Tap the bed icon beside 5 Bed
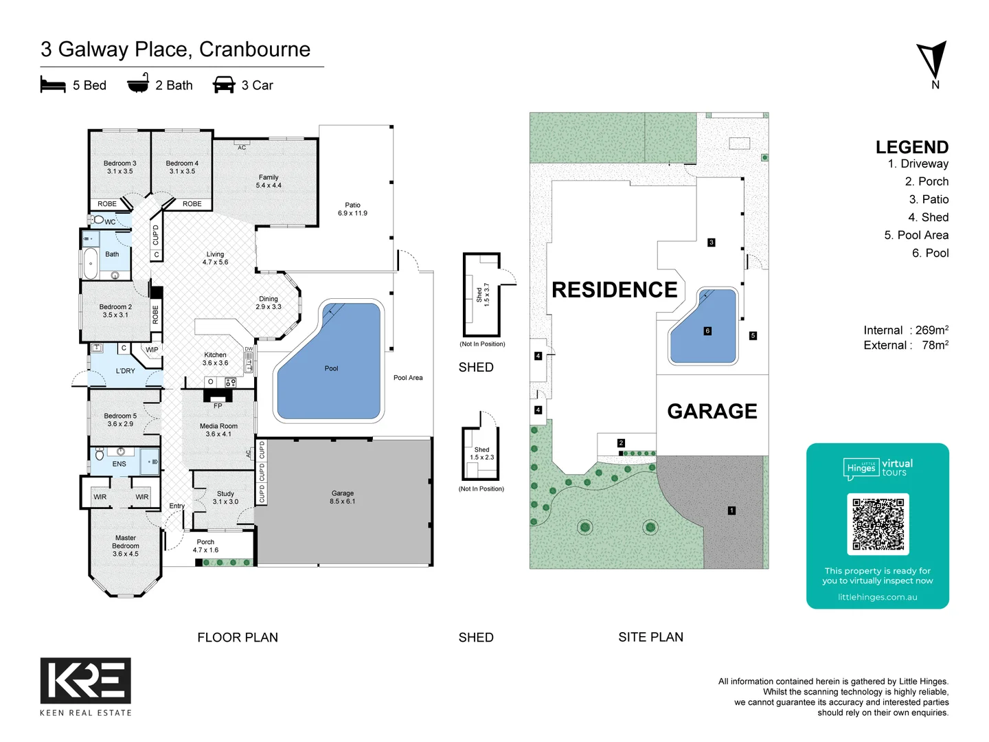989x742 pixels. click(x=53, y=85)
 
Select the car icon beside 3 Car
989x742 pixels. click(x=224, y=85)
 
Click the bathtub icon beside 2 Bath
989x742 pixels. click(x=138, y=83)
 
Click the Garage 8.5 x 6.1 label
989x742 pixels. click(x=343, y=497)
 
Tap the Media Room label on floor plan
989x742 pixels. click(x=218, y=430)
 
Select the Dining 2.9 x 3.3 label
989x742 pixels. click(x=269, y=303)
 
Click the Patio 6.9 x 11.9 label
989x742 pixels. click(x=352, y=209)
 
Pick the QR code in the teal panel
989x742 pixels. click(x=878, y=524)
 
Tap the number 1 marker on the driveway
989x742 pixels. click(x=731, y=510)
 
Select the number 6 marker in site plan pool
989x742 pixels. click(x=707, y=331)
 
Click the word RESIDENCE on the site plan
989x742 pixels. click(x=615, y=290)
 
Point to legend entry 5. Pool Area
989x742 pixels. click(x=916, y=235)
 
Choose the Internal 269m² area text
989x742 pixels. click(x=906, y=330)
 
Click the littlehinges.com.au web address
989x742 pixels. click(x=877, y=597)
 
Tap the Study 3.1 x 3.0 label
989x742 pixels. click(x=225, y=497)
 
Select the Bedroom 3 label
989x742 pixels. click(x=120, y=167)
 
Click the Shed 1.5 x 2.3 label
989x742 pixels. click(x=481, y=453)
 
